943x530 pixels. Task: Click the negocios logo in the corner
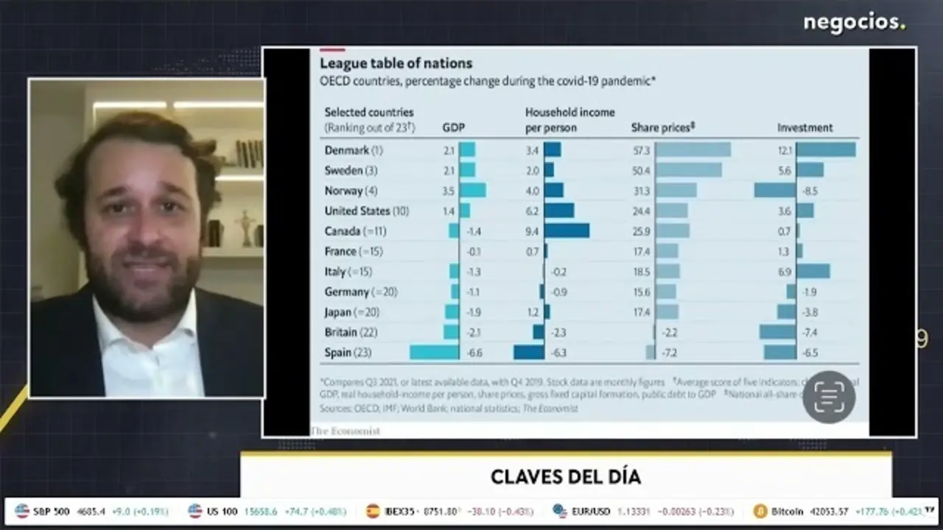(x=854, y=23)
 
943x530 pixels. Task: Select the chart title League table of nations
(x=396, y=63)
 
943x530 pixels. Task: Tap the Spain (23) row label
(x=348, y=353)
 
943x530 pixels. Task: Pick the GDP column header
(x=453, y=127)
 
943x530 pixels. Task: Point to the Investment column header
(x=804, y=127)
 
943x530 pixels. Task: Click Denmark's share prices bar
(x=693, y=149)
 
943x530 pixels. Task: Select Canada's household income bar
(x=567, y=230)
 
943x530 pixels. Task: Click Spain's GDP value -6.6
(x=474, y=353)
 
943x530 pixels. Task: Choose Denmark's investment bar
(x=826, y=149)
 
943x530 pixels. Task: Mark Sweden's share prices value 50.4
(x=642, y=170)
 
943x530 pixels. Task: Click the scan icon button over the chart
(x=829, y=397)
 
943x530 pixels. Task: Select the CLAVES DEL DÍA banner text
(x=566, y=476)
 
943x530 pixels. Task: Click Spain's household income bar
(x=529, y=353)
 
